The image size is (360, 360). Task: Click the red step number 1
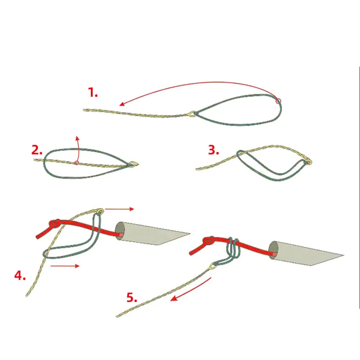pos(93,92)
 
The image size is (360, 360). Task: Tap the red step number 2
pos(37,150)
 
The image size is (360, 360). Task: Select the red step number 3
pos(214,150)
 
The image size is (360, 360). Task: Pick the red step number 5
pos(132,297)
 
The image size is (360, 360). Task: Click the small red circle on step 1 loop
pos(278,101)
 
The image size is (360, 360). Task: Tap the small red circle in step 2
pos(77,163)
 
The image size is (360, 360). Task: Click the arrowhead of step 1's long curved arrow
pos(122,104)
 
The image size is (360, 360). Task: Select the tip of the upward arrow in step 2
pos(77,137)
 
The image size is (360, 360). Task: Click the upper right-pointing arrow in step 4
pos(119,209)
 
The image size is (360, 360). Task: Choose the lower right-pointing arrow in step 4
pos(65,266)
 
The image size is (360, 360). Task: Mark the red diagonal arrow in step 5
pos(191,289)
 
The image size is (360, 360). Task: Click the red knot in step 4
pos(55,223)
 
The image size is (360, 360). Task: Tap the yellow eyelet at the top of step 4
pos(100,211)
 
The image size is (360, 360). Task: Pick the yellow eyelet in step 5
pos(213,266)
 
